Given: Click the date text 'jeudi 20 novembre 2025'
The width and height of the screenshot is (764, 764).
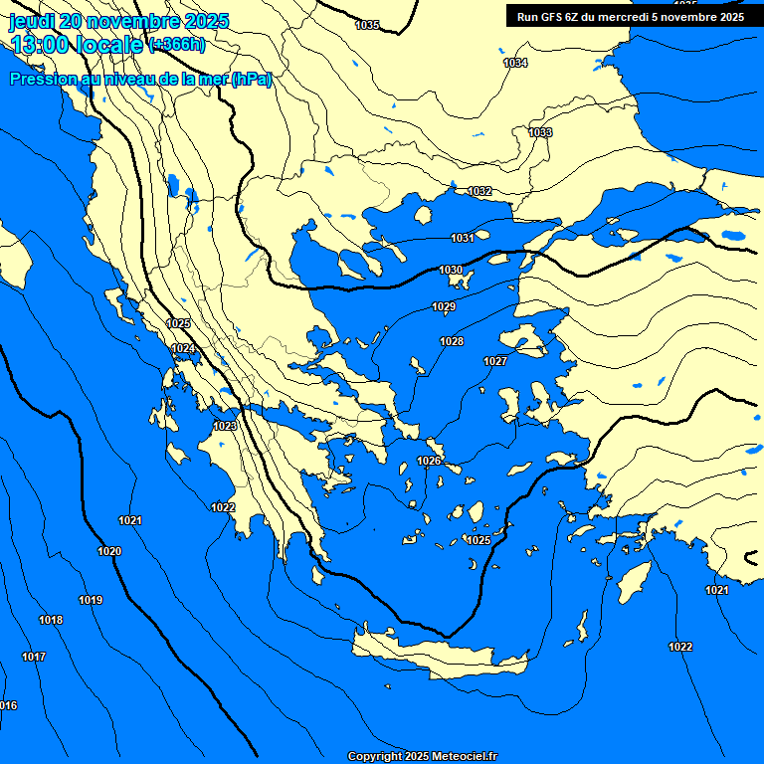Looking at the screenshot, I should coord(118,20).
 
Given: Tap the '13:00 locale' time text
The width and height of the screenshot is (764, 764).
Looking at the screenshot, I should coord(77,44).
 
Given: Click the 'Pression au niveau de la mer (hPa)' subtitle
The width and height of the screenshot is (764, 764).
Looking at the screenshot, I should coord(140,80).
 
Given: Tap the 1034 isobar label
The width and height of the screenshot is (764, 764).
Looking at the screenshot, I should coord(515,63).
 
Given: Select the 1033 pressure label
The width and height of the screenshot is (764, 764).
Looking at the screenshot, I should coord(540,132).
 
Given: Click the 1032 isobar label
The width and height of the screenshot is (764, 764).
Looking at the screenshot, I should coord(479,191).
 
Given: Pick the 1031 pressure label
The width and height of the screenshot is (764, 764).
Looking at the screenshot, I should coord(462,238).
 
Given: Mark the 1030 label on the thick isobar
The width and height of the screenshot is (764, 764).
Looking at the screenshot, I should coord(451,270).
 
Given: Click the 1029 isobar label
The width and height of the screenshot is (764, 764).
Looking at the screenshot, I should coord(444,306).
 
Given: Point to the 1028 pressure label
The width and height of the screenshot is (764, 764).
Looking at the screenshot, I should coord(452,341).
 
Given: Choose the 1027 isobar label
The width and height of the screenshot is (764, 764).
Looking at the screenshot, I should coord(495,361).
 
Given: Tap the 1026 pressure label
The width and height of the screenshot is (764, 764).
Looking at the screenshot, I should coord(429,461).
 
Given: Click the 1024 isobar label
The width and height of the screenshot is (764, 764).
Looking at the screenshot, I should coord(183,348).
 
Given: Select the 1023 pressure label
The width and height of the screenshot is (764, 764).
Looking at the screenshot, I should coord(225,426).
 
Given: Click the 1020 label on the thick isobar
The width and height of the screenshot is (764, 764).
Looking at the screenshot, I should coord(109,551).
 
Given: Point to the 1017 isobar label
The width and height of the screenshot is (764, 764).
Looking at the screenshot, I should coord(34,657).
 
